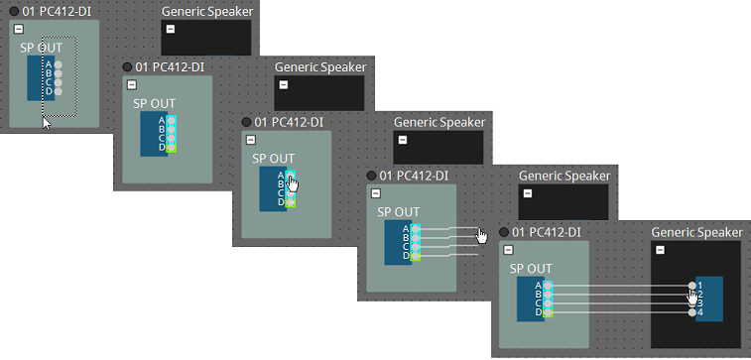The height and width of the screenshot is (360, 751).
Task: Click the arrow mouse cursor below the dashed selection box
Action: tap(46, 123)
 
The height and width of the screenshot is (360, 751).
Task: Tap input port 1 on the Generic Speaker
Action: tap(692, 286)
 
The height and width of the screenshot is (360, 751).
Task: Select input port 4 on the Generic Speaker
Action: tap(692, 312)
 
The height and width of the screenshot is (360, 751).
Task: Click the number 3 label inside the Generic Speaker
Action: tap(700, 303)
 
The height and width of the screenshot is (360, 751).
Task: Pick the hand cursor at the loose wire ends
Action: tap(482, 235)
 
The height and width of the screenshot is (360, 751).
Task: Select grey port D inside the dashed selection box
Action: tap(59, 91)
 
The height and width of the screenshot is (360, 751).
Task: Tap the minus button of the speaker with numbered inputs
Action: tap(661, 249)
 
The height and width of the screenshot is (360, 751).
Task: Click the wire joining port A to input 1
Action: tap(620, 286)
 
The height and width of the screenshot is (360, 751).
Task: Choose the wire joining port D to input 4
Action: tap(620, 312)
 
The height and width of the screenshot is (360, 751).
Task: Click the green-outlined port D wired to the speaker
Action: tap(547, 312)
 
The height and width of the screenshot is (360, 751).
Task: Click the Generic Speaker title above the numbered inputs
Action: tap(696, 232)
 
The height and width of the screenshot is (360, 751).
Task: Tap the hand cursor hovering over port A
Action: tap(293, 180)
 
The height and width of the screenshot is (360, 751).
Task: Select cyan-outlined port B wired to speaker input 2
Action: tap(547, 295)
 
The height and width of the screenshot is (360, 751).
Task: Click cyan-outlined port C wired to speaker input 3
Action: tap(547, 303)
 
